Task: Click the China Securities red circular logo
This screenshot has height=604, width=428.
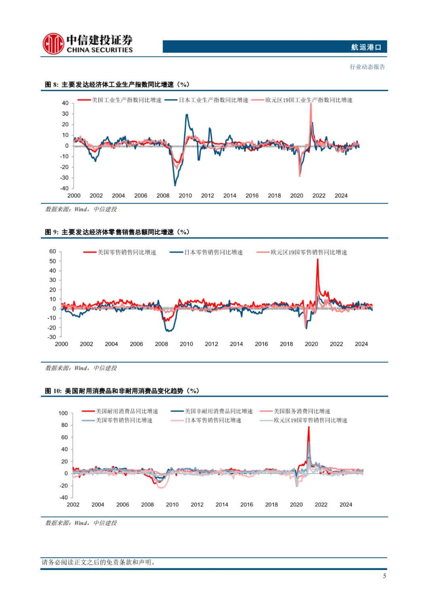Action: coord(53,44)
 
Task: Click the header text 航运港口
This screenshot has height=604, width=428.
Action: coord(366,47)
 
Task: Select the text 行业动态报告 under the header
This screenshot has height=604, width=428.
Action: coord(367,67)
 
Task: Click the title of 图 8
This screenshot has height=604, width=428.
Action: coord(117,85)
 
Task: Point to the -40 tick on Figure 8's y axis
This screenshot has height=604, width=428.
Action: coord(64,188)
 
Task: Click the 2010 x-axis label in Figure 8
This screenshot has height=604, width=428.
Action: coord(185,195)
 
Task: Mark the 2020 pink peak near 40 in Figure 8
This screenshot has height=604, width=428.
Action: coord(311,104)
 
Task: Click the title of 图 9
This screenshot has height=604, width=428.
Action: coord(117,232)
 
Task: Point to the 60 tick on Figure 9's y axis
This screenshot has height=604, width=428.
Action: coord(53,252)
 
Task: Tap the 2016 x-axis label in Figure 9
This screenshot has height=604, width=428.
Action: coord(261,344)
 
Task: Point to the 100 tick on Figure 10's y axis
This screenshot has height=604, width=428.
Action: coord(63,413)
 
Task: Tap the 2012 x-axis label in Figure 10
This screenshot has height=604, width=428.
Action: coord(197,505)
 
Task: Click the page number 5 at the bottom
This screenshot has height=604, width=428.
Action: coord(384,576)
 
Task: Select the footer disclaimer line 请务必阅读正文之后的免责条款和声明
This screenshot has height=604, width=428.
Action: coord(98,562)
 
